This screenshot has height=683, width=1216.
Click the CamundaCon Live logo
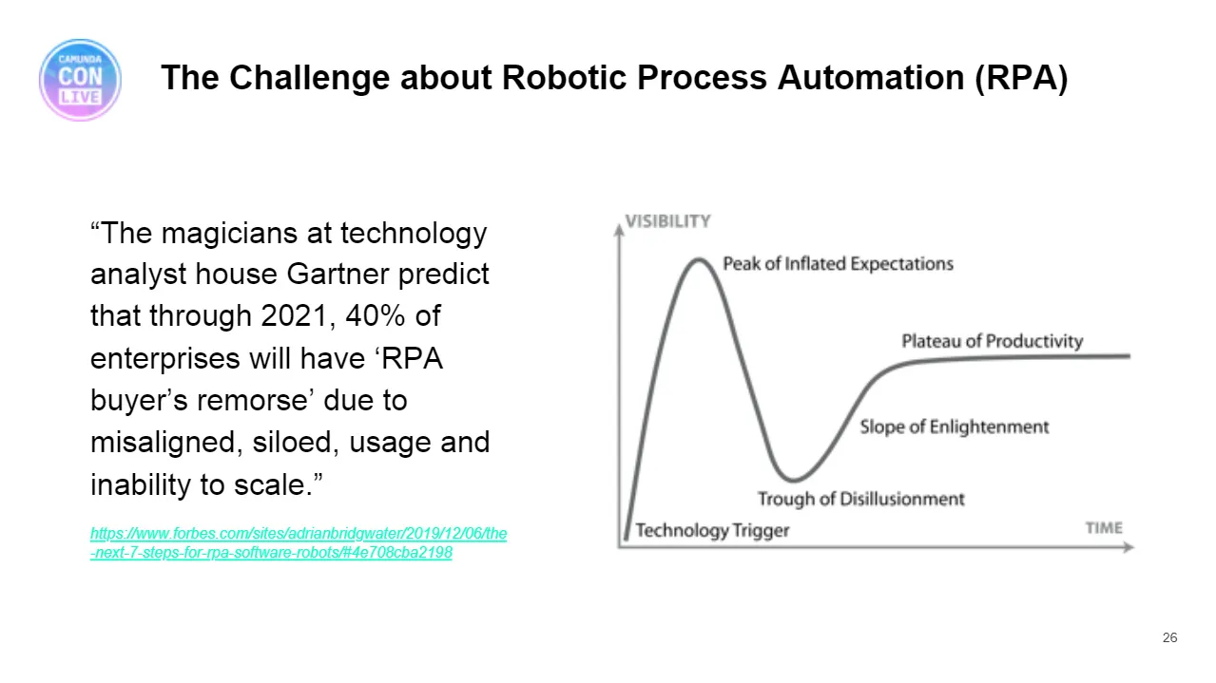tap(81, 80)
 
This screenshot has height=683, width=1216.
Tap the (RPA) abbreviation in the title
tap(1021, 78)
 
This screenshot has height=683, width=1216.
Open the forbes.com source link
tap(299, 543)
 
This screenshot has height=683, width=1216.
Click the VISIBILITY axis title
tap(667, 221)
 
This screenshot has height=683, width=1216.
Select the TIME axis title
tap(1104, 528)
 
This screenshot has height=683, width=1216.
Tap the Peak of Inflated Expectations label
tap(839, 264)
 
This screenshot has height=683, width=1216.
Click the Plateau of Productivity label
tap(993, 341)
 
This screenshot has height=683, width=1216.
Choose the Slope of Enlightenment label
tap(955, 427)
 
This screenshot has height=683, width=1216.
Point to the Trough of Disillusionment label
tap(861, 499)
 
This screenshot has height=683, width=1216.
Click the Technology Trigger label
tap(712, 531)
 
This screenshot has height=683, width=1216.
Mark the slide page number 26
tap(1169, 637)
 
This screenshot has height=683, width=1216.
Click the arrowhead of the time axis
tap(1129, 547)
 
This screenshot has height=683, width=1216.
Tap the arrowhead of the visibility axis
tap(619, 231)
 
